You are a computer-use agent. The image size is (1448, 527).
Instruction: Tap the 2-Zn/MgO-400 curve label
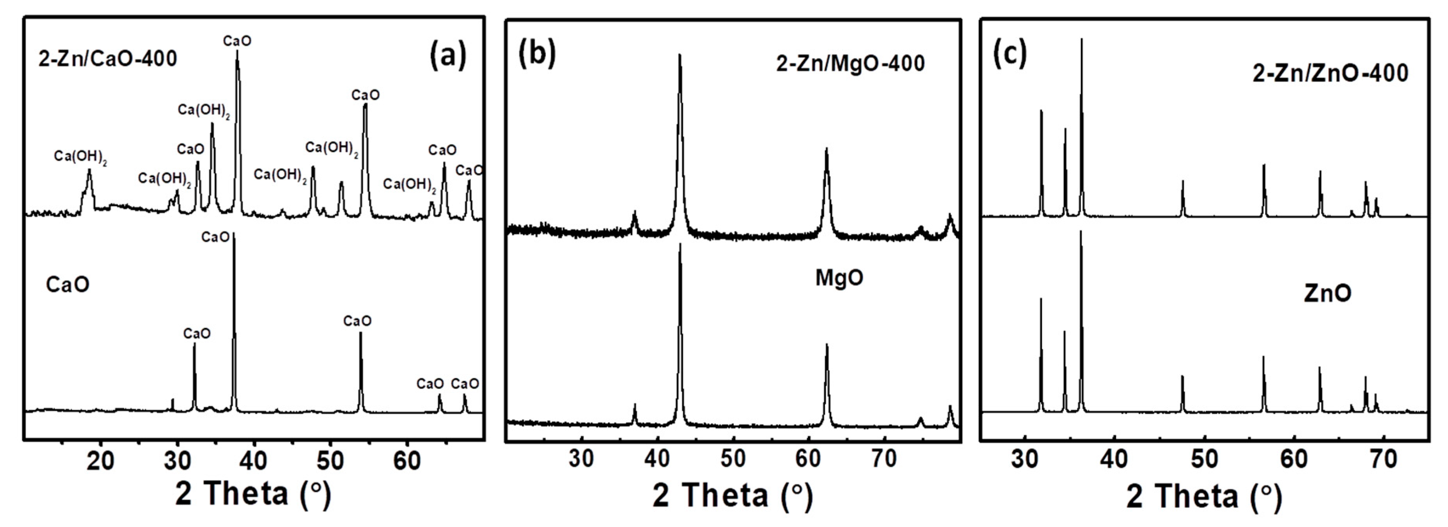coord(850,64)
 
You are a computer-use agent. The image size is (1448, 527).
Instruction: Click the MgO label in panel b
coord(839,278)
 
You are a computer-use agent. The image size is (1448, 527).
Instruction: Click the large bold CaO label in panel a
coord(67,285)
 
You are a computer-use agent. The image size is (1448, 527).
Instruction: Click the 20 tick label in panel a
coord(101,461)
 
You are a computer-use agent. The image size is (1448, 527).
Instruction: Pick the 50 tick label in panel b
coord(733,459)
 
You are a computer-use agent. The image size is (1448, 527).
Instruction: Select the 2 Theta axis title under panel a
coord(253,494)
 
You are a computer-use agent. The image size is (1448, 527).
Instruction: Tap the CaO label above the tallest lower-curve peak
coord(215,237)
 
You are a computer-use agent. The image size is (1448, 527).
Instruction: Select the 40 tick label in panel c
coord(1114,460)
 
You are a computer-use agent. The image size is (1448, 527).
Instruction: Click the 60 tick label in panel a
coord(406,461)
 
